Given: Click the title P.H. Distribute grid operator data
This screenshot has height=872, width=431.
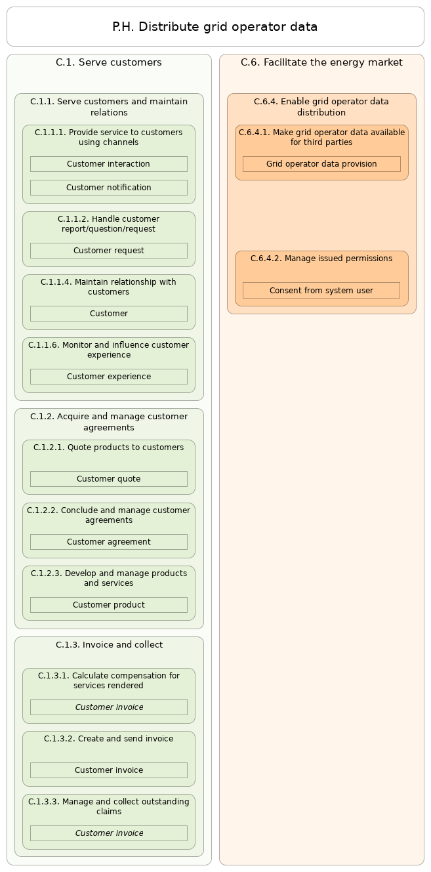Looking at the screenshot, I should [x=215, y=27].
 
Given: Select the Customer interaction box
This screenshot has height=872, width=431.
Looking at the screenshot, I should [x=109, y=164].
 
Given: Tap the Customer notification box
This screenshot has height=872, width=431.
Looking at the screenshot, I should [x=109, y=188].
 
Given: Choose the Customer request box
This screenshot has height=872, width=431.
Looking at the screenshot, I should [x=109, y=251].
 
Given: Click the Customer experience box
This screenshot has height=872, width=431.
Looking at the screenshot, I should [x=109, y=377].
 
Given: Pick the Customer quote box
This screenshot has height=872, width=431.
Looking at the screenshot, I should [x=109, y=479].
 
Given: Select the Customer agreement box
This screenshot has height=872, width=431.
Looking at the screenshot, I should [x=109, y=542].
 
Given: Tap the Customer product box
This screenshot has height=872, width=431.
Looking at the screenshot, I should [x=109, y=605].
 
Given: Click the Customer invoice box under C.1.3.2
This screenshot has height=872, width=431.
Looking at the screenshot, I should [x=109, y=770].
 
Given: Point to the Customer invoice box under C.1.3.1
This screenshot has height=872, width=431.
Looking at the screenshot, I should [x=109, y=707].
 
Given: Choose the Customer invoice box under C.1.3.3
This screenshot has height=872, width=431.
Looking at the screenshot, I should [x=109, y=833].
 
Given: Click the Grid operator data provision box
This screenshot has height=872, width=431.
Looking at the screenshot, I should [x=321, y=164].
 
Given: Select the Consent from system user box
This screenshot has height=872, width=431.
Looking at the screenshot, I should [x=321, y=291].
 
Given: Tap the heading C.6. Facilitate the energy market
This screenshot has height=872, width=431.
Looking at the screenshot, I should [x=321, y=62].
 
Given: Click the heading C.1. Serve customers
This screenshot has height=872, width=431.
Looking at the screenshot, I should [x=109, y=62].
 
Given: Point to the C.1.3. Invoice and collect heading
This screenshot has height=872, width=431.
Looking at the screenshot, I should [x=109, y=645].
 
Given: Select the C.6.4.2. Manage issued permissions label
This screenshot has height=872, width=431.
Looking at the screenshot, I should [x=321, y=259].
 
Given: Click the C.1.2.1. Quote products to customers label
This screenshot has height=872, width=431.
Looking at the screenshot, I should [x=109, y=447].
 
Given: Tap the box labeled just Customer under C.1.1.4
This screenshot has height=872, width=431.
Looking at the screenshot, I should [x=109, y=314].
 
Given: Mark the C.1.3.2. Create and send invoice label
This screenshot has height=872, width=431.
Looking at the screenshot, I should [x=109, y=739].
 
